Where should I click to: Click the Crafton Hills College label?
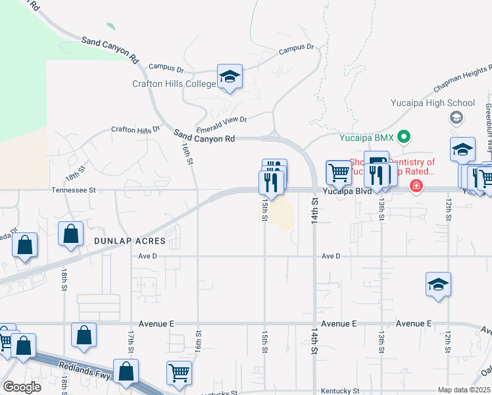pyautogui.click(x=174, y=84)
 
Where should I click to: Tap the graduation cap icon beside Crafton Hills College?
pyautogui.click(x=230, y=77)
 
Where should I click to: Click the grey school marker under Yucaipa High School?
pyautogui.click(x=455, y=118)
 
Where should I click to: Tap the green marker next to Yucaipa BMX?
pyautogui.click(x=405, y=138)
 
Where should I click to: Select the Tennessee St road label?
pyautogui.click(x=74, y=190)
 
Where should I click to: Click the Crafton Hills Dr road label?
pyautogui.click(x=135, y=129)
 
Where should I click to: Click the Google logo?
pyautogui.click(x=21, y=387)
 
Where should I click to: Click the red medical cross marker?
pyautogui.click(x=416, y=187)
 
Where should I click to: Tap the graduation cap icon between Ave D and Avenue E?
pyautogui.click(x=438, y=284)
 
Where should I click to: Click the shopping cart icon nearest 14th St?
pyautogui.click(x=339, y=173)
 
